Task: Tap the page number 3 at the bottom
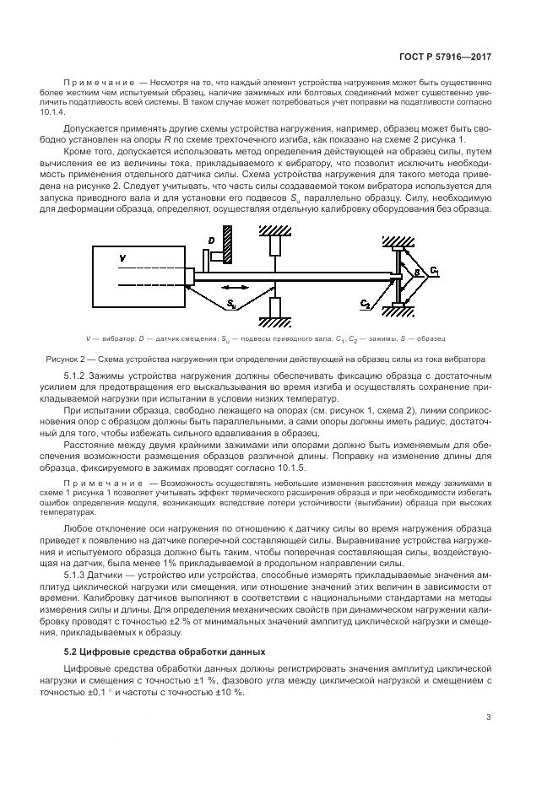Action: pyautogui.click(x=489, y=718)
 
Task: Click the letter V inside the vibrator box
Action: pyautogui.click(x=122, y=257)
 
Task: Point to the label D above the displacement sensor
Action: pyautogui.click(x=211, y=241)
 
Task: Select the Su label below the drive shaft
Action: pyautogui.click(x=230, y=301)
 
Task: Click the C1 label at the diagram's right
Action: pyautogui.click(x=434, y=270)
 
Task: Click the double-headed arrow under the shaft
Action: pyautogui.click(x=241, y=285)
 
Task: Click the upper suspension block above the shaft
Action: pyautogui.click(x=274, y=245)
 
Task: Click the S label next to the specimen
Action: pyautogui.click(x=414, y=272)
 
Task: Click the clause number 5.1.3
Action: pyautogui.click(x=76, y=575)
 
